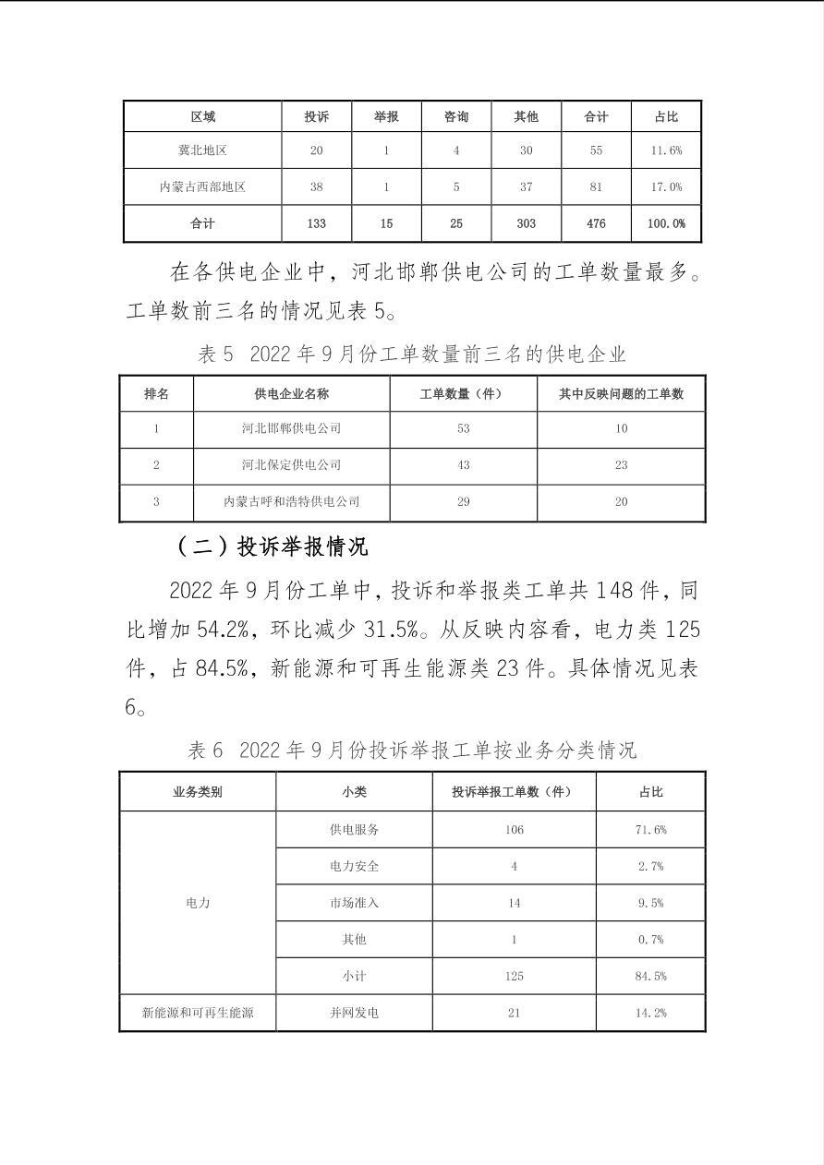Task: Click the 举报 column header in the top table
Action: click(386, 116)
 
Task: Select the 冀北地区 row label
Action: click(202, 150)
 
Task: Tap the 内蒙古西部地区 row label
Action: click(202, 186)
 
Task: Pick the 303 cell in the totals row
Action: click(526, 223)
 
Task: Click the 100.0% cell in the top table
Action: click(666, 223)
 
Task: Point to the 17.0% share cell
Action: click(666, 186)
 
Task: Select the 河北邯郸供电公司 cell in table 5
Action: click(291, 428)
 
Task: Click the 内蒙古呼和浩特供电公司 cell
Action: click(291, 501)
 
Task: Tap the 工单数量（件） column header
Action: click(463, 393)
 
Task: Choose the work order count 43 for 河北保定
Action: click(463, 464)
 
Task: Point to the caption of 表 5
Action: click(412, 354)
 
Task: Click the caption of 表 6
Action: click(412, 750)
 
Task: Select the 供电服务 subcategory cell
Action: click(354, 829)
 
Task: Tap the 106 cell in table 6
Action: click(514, 829)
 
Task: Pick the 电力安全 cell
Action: click(354, 866)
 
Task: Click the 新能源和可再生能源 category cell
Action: click(197, 1013)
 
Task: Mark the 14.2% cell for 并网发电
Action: click(650, 1013)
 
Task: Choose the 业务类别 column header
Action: click(197, 792)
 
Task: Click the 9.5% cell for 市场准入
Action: click(650, 903)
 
